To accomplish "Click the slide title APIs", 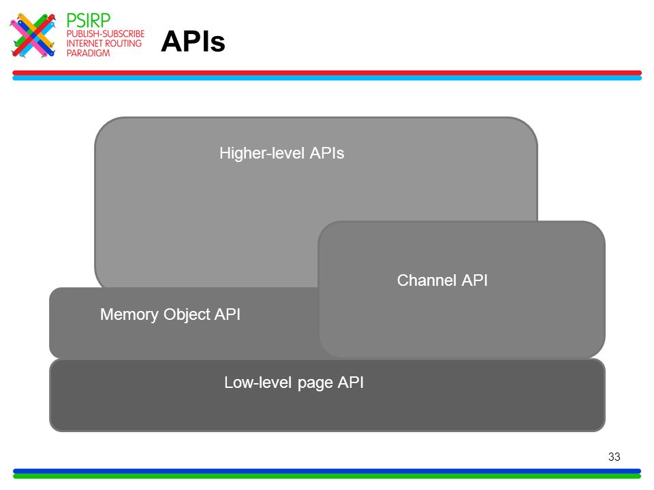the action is [x=193, y=42].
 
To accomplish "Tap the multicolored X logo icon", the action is [x=33, y=35].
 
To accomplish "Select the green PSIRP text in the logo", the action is [x=89, y=20].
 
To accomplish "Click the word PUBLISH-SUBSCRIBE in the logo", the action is [x=106, y=34].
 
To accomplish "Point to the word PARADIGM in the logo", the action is [x=88, y=53].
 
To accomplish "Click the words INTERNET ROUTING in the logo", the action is [x=104, y=44].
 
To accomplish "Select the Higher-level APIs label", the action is [x=282, y=153].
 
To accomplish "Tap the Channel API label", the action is [x=443, y=280].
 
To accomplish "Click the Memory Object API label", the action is [x=170, y=314].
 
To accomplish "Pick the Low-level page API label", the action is [x=294, y=383].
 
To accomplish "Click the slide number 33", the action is [x=614, y=457].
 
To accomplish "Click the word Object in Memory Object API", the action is [x=187, y=315].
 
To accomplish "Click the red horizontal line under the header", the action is [x=327, y=73].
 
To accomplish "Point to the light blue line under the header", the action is [x=327, y=78].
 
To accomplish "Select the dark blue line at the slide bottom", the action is [x=327, y=471].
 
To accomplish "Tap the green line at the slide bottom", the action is [x=327, y=476].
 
